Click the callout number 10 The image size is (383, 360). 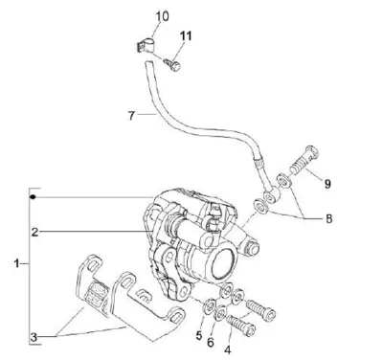point(162,16)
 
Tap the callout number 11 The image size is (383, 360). point(186,35)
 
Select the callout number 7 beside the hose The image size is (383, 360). point(131,116)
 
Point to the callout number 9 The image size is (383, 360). point(327,184)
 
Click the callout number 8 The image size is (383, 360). point(328,219)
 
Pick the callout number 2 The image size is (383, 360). point(34,232)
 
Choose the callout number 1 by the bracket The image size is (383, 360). point(16,263)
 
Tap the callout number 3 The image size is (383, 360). point(34,337)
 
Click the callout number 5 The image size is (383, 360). point(199,335)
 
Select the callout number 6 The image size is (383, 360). point(211,343)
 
